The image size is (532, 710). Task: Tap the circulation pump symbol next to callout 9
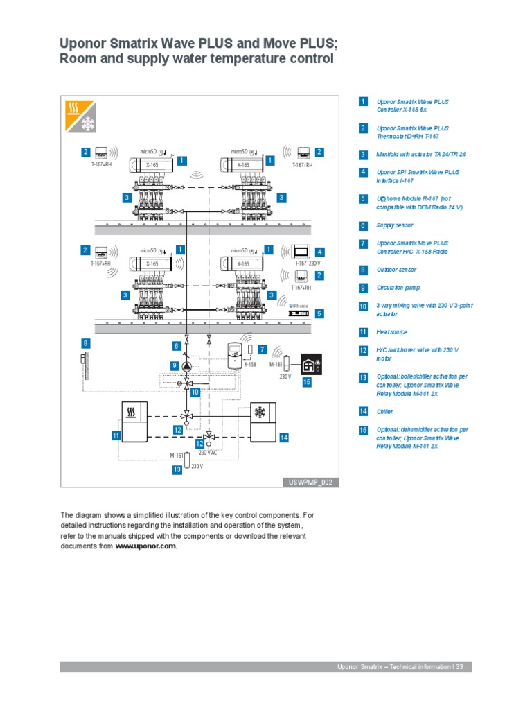pyautogui.click(x=186, y=365)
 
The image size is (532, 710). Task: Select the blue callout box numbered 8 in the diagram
pyautogui.click(x=85, y=343)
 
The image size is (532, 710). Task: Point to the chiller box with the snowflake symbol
pyautogui.click(x=260, y=421)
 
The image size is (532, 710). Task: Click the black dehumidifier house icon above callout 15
pyautogui.click(x=310, y=365)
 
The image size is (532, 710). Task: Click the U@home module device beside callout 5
pyautogui.click(x=300, y=313)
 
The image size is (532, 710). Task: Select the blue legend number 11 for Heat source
pyautogui.click(x=363, y=332)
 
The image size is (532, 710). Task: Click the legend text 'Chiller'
pyautogui.click(x=384, y=412)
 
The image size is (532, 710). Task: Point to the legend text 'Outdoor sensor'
pyautogui.click(x=396, y=270)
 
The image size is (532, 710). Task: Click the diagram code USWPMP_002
pyautogui.click(x=311, y=483)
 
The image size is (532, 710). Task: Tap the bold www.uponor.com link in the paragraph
pyautogui.click(x=145, y=546)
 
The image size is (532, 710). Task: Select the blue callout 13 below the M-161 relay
pyautogui.click(x=177, y=469)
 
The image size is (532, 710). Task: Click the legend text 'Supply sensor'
pyautogui.click(x=395, y=225)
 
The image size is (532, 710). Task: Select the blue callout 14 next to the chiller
pyautogui.click(x=284, y=438)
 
